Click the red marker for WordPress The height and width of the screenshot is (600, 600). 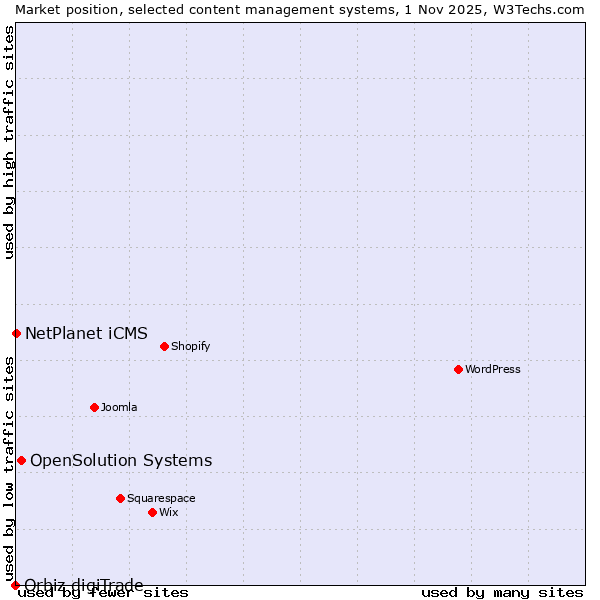click(x=458, y=369)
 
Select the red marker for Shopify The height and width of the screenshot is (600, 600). click(x=164, y=346)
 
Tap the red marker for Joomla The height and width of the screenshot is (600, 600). click(x=94, y=407)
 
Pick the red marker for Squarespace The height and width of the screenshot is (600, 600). click(x=120, y=498)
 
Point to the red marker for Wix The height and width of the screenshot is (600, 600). click(x=152, y=512)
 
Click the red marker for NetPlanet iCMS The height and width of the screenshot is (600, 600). click(x=16, y=333)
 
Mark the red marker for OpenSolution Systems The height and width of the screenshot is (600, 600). click(x=21, y=460)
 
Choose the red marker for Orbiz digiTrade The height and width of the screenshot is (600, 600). click(x=15, y=585)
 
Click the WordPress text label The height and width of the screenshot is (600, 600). click(x=493, y=369)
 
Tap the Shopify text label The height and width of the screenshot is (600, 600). click(x=190, y=346)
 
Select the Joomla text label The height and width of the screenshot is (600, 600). click(x=119, y=407)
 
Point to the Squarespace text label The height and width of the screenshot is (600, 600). click(x=161, y=498)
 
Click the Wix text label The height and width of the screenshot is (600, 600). click(x=168, y=512)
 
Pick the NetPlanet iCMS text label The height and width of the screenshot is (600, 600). click(x=86, y=333)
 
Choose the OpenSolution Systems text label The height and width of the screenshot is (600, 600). click(x=121, y=460)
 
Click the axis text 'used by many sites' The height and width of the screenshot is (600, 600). click(x=502, y=593)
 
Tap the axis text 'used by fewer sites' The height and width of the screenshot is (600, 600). click(x=104, y=593)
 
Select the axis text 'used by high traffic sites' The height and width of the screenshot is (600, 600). click(x=9, y=142)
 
